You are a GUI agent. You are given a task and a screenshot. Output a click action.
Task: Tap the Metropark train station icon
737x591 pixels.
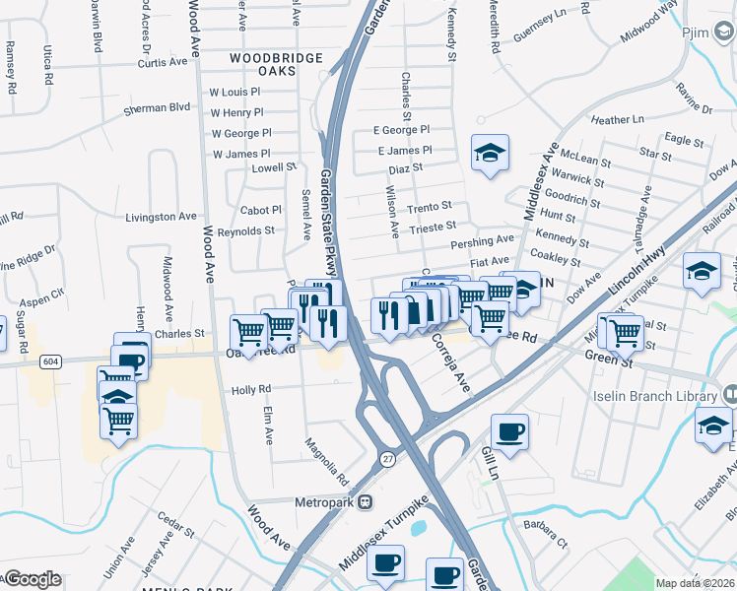pyautogui.click(x=365, y=501)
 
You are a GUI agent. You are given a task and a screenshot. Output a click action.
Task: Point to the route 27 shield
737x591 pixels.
pyautogui.click(x=388, y=459)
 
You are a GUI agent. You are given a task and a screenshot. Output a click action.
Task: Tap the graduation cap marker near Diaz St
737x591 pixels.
pyautogui.click(x=490, y=154)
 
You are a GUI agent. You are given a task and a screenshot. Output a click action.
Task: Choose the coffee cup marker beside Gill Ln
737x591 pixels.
pyautogui.click(x=509, y=432)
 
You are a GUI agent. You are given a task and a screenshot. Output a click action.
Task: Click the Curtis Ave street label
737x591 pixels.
pyautogui.click(x=163, y=61)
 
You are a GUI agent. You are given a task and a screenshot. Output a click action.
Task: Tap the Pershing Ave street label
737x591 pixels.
pyautogui.click(x=483, y=240)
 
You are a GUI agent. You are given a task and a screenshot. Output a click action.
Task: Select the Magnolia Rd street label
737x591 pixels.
pyautogui.click(x=327, y=461)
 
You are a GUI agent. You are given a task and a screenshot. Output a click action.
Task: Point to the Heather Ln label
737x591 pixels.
pyautogui.click(x=618, y=119)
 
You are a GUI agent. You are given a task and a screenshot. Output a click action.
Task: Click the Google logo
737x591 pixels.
pyautogui.click(x=33, y=579)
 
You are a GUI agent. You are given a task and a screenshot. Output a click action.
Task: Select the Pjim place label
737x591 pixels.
pyautogui.click(x=697, y=32)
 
